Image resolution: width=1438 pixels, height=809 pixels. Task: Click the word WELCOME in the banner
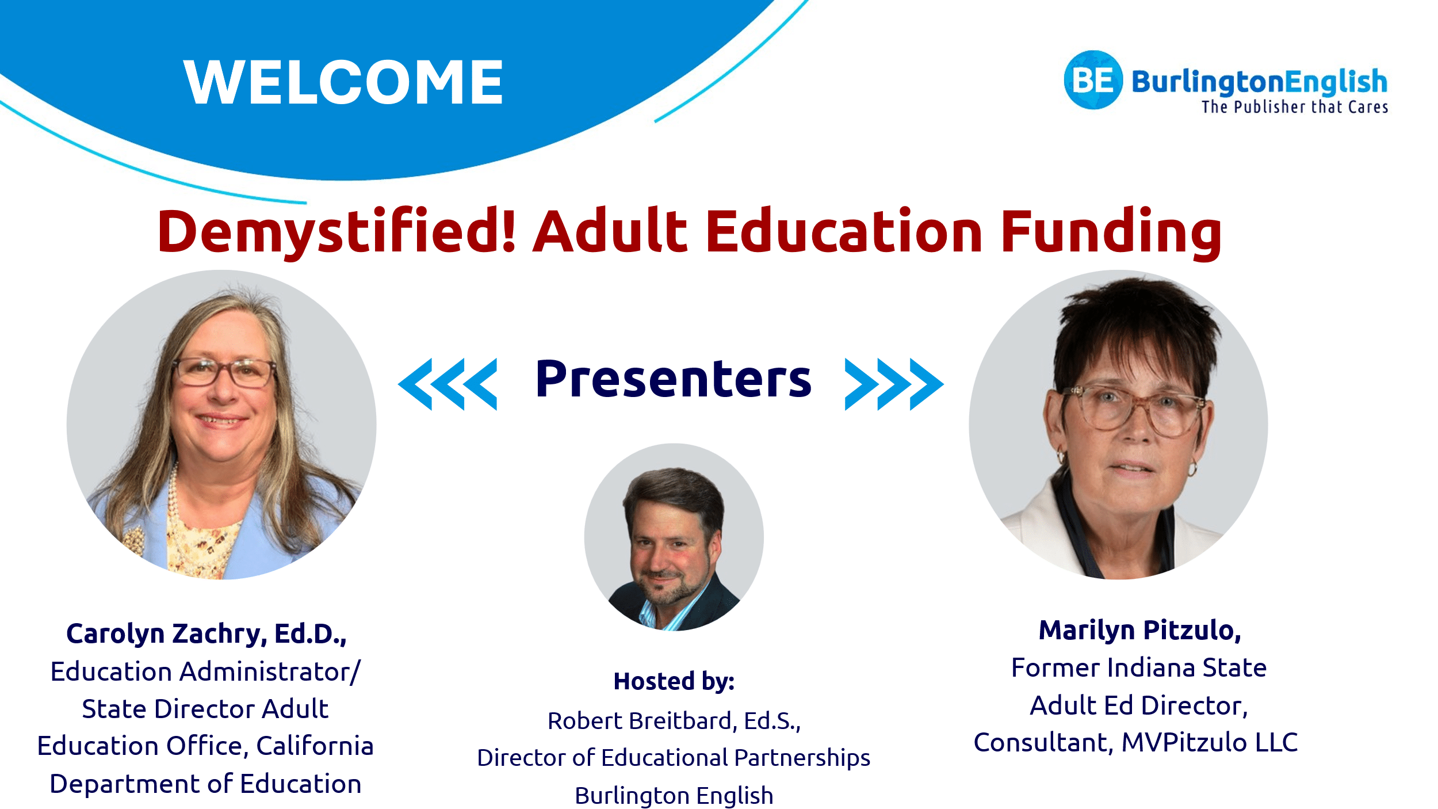(x=343, y=82)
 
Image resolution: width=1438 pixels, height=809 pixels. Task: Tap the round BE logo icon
(x=1093, y=80)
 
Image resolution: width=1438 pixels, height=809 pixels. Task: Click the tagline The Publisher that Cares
(x=1295, y=107)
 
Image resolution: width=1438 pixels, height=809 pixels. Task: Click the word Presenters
(x=673, y=379)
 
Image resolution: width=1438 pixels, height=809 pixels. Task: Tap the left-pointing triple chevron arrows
(x=448, y=384)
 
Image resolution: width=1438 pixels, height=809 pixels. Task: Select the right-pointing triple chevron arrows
(x=894, y=384)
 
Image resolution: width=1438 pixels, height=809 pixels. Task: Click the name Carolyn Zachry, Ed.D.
(x=206, y=634)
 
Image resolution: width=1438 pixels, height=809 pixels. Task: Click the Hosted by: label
(x=674, y=681)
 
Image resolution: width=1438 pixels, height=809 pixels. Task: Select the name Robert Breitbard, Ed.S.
(x=674, y=720)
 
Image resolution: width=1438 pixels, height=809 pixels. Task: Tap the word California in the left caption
(x=315, y=746)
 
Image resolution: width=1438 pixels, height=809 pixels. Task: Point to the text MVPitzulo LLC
(x=1210, y=742)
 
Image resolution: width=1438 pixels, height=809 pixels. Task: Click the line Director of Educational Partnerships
(x=674, y=758)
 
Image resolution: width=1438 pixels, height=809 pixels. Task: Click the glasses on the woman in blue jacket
(x=223, y=372)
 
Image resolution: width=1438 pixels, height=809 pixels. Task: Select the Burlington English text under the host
(x=674, y=796)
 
